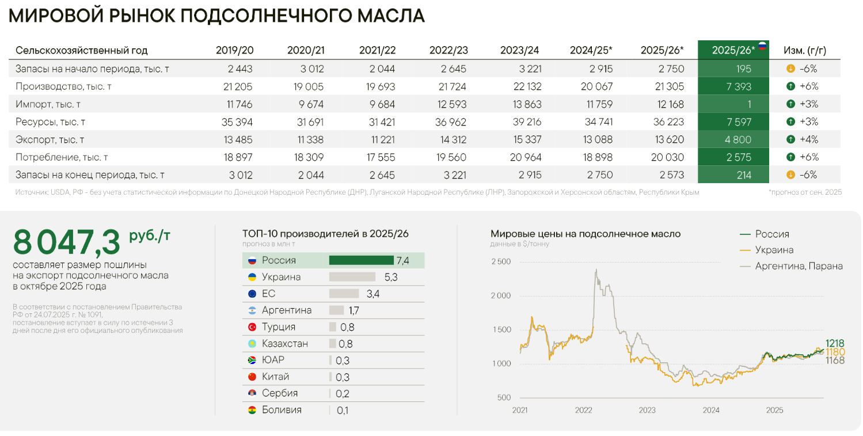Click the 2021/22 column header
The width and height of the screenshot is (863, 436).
pyautogui.click(x=377, y=50)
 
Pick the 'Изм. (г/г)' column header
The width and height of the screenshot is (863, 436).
pyautogui.click(x=805, y=50)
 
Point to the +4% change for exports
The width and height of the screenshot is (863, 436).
pyautogui.click(x=808, y=139)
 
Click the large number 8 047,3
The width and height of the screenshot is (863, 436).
pyautogui.click(x=67, y=242)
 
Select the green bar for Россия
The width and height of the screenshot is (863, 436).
pyautogui.click(x=361, y=260)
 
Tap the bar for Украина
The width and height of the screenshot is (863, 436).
pyautogui.click(x=352, y=277)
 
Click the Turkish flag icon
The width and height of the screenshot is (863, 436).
pyautogui.click(x=252, y=327)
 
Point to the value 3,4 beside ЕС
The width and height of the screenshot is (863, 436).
pyautogui.click(x=372, y=294)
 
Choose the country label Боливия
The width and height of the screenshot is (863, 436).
pyautogui.click(x=282, y=410)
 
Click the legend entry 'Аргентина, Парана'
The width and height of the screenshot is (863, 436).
pyautogui.click(x=799, y=266)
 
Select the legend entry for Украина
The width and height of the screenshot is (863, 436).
pyautogui.click(x=774, y=250)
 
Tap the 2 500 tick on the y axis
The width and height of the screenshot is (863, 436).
pyautogui.click(x=500, y=261)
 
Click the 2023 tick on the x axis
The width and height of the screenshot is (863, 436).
pyautogui.click(x=647, y=410)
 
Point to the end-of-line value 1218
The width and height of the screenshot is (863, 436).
pyautogui.click(x=834, y=343)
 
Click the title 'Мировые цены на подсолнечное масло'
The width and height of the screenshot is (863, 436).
pyautogui.click(x=586, y=234)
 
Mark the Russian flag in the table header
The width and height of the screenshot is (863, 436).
pyautogui.click(x=762, y=46)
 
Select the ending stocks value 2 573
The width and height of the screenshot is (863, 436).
pyautogui.click(x=670, y=175)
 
